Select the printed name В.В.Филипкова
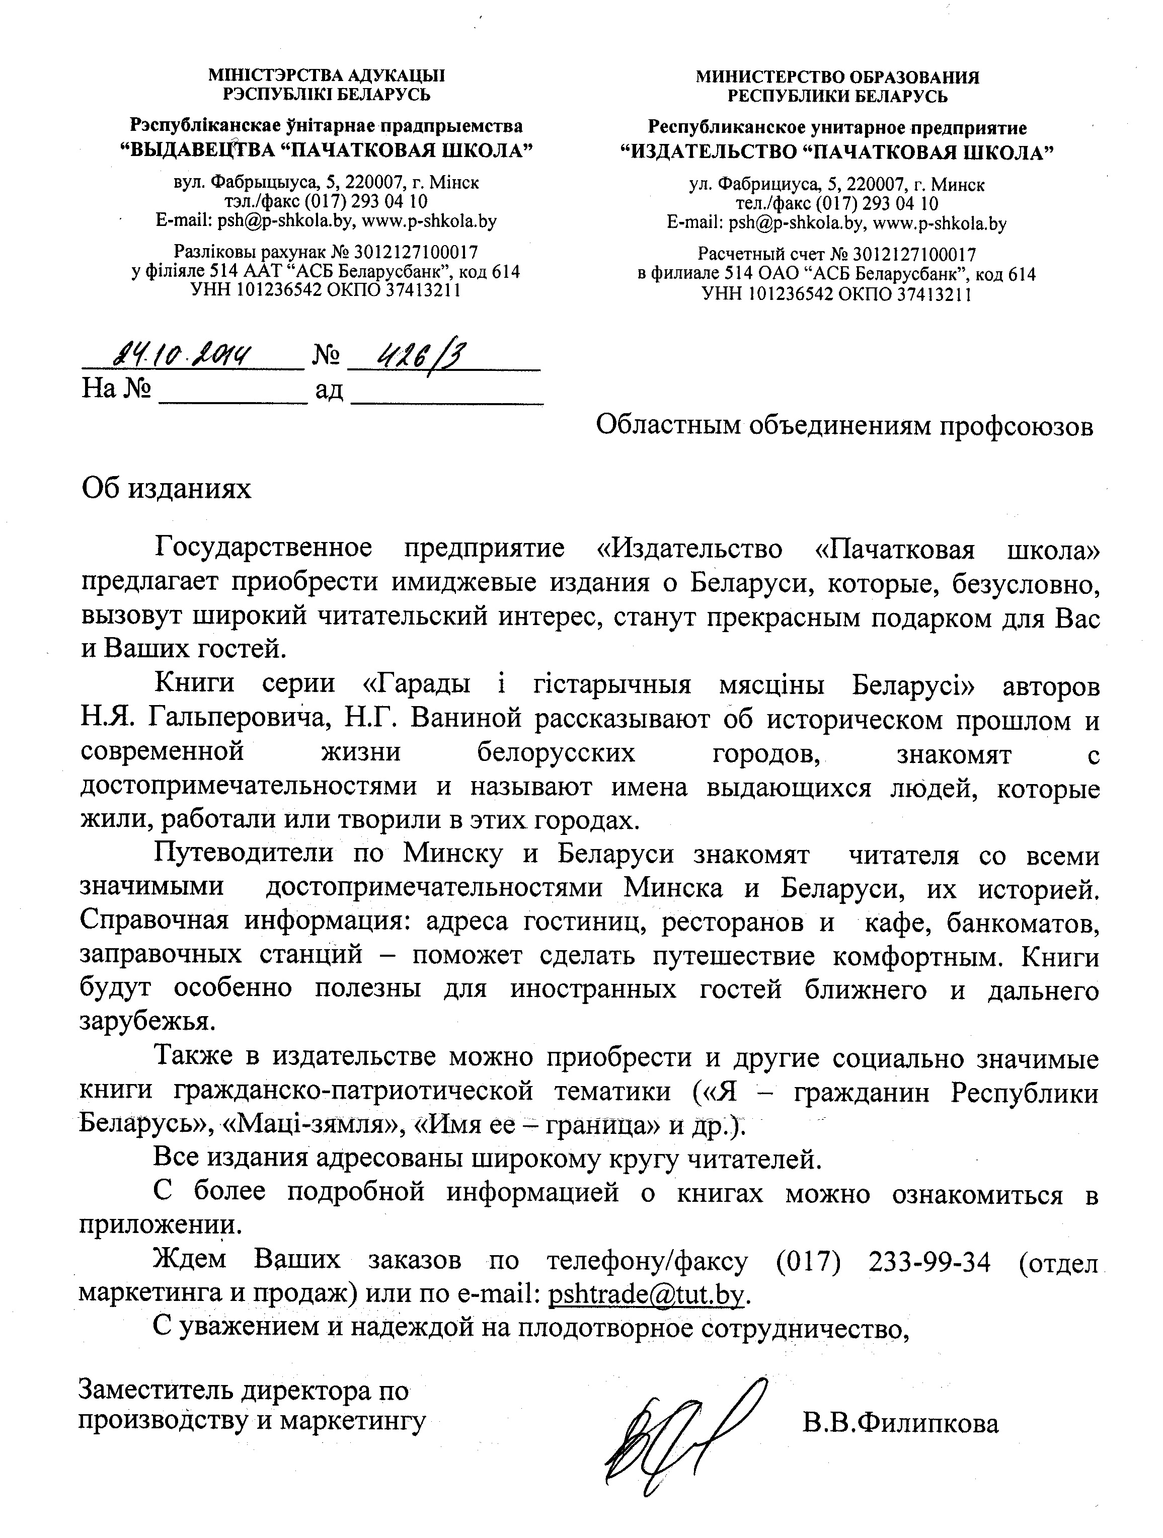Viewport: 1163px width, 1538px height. click(x=900, y=1423)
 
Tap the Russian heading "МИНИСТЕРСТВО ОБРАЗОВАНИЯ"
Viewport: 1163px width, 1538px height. click(x=838, y=77)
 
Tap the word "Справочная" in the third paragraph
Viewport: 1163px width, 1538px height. click(x=153, y=921)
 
